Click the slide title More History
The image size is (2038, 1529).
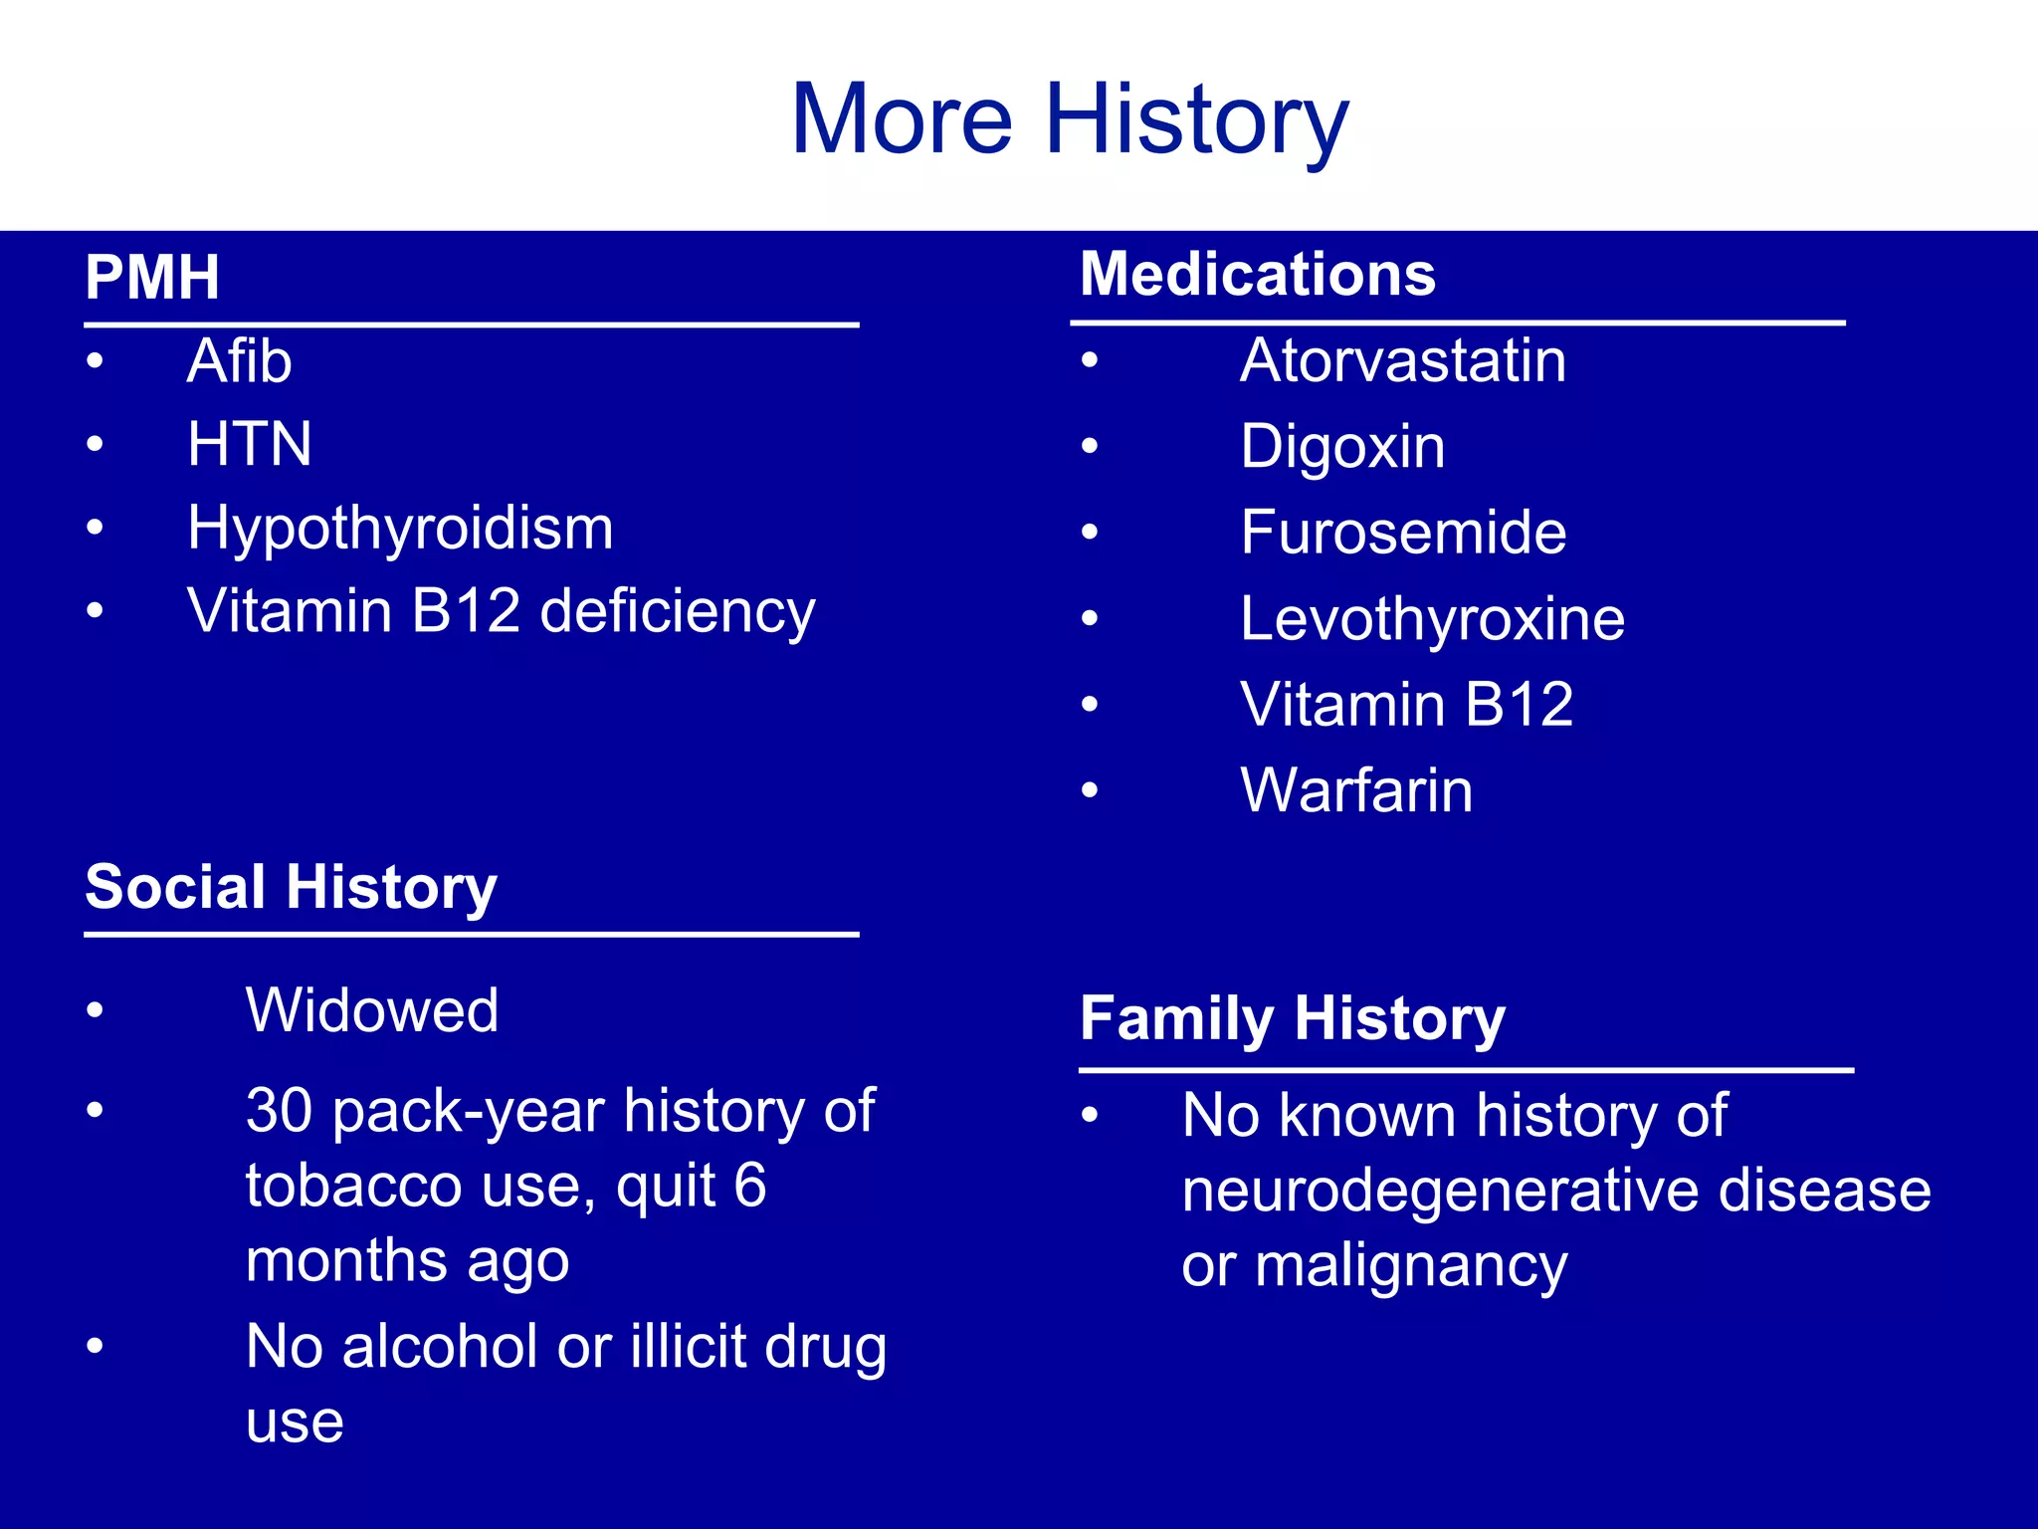coord(1069,119)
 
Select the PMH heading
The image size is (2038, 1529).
coord(152,278)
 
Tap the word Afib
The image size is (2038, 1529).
coord(239,360)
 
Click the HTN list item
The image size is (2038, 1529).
coord(250,444)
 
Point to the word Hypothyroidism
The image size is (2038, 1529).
coord(400,529)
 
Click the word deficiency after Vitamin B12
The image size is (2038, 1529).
coord(677,611)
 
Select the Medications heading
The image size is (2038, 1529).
coord(1258,274)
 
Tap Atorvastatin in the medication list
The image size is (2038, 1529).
coord(1403,360)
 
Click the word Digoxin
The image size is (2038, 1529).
coord(1342,447)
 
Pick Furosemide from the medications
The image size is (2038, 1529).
coord(1403,533)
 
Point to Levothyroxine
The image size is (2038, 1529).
coord(1432,619)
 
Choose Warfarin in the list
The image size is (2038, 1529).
coord(1356,791)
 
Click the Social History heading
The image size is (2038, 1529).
coord(291,887)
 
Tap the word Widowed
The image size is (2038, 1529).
coord(372,1010)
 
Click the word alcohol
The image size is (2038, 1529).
coord(441,1347)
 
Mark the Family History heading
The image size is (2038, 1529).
coord(1292,1019)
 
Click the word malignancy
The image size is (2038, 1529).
coord(1411,1267)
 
